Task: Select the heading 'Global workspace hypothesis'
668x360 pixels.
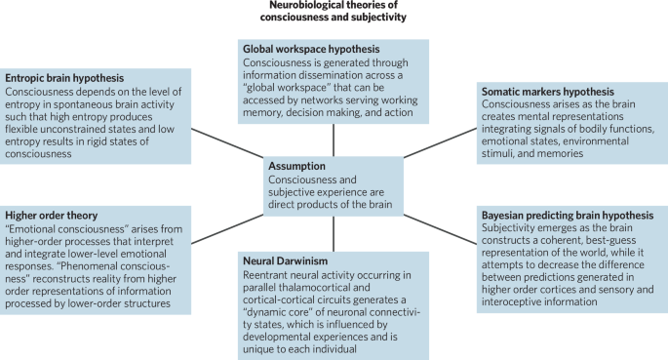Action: point(310,49)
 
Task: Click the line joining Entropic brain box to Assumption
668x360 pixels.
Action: point(226,144)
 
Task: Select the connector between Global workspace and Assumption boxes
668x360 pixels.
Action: point(333,139)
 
